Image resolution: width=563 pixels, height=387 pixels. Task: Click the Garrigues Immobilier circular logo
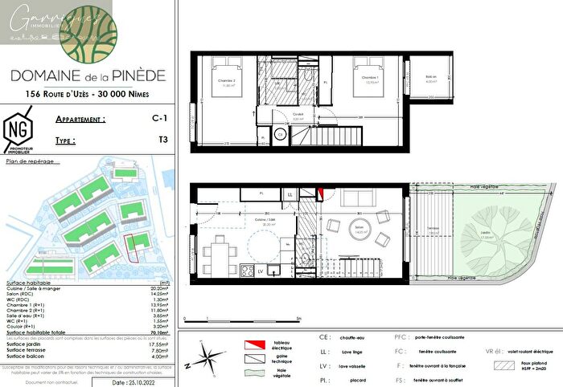coord(88,31)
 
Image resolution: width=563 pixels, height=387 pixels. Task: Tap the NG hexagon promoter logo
coord(16,129)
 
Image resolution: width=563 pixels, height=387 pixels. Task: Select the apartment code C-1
coord(143,118)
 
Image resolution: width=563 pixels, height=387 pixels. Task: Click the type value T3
coord(143,140)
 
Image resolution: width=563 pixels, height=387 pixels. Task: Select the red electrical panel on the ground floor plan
coord(319,193)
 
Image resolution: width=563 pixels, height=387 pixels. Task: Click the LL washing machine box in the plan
coord(290,194)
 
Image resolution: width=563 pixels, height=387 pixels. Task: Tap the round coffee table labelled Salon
coord(359,227)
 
